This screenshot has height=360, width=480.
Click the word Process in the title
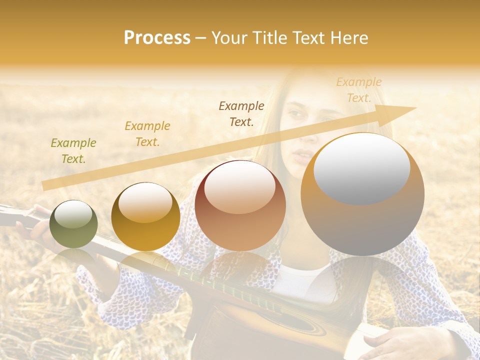(x=157, y=38)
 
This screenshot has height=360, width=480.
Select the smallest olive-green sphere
(x=73, y=224)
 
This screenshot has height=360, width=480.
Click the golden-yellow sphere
(x=145, y=216)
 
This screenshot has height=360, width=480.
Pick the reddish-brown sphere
(x=240, y=205)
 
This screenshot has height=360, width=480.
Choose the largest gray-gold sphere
(x=362, y=194)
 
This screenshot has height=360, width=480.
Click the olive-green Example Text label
(x=73, y=151)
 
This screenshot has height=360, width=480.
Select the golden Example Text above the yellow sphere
(x=147, y=134)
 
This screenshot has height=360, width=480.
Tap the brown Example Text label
(x=241, y=113)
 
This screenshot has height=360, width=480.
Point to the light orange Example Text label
(x=359, y=90)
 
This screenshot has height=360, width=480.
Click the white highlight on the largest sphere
(x=361, y=168)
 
